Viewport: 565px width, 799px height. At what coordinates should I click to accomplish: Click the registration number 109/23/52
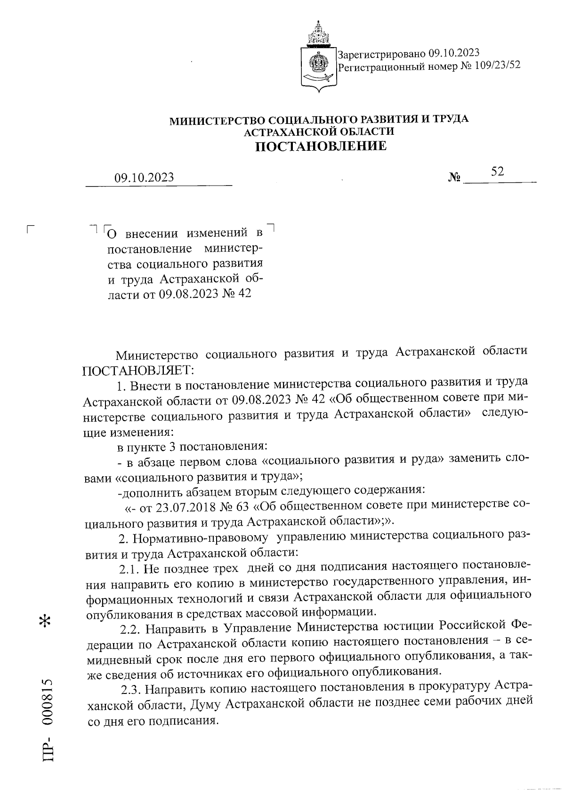496,66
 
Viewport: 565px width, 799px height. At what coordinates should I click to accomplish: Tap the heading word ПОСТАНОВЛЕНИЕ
321,147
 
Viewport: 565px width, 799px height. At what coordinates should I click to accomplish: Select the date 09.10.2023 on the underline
144,178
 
